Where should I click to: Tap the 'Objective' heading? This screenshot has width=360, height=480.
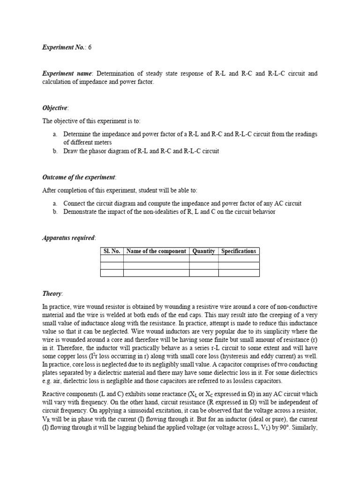(x=55, y=108)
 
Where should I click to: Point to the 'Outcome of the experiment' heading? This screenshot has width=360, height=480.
(x=78, y=177)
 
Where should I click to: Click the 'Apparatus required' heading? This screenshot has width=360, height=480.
(x=68, y=238)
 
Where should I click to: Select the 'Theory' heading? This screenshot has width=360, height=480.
(x=52, y=293)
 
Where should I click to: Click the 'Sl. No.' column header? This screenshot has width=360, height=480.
(x=112, y=251)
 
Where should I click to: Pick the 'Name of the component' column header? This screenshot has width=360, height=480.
(x=156, y=251)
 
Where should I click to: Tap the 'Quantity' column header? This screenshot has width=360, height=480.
(x=203, y=251)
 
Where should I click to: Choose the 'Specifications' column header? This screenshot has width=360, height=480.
(x=239, y=251)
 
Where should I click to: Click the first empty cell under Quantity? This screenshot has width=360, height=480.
(x=203, y=258)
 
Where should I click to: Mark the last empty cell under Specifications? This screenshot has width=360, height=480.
(x=239, y=273)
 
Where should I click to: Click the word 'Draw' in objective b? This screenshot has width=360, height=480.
(x=72, y=151)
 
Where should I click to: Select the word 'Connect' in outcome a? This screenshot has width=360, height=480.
(x=75, y=203)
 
